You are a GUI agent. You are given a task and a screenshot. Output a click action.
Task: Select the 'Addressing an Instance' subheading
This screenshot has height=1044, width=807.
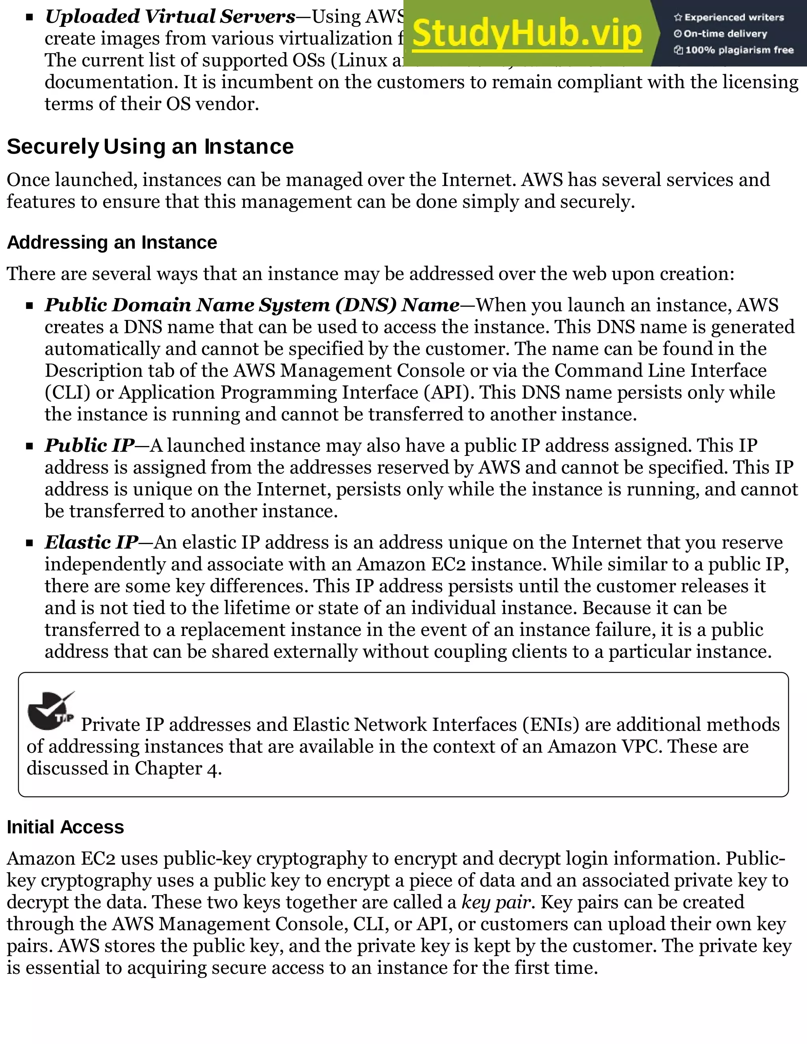click(x=112, y=242)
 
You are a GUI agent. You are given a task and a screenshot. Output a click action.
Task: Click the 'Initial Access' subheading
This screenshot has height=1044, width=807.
click(x=65, y=827)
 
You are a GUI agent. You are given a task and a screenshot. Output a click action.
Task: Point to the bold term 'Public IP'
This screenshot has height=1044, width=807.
click(x=90, y=446)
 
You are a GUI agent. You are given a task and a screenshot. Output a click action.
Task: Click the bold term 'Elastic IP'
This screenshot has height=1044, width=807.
click(x=92, y=542)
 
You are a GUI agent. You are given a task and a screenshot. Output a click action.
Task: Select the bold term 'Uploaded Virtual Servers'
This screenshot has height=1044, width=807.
click(x=170, y=17)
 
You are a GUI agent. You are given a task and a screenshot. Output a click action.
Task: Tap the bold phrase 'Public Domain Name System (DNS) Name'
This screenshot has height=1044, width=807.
click(x=252, y=305)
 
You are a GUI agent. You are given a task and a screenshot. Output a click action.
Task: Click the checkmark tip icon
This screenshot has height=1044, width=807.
click(x=50, y=711)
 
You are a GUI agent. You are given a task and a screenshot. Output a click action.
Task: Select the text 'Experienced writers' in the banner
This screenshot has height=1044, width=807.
click(x=734, y=18)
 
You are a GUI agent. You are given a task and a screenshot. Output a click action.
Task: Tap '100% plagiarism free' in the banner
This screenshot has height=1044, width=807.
click(x=739, y=50)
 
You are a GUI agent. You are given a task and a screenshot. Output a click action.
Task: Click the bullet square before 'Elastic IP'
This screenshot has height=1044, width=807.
click(x=30, y=543)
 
